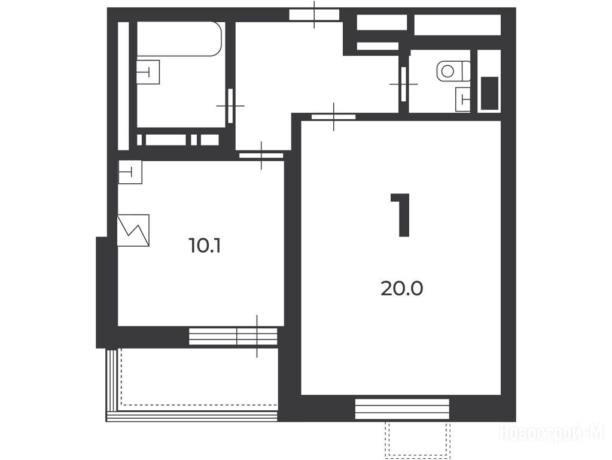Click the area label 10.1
[x=205, y=246]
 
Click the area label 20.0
[x=401, y=289]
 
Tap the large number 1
[x=401, y=215]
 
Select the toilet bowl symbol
[x=453, y=71]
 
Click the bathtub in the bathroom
[x=179, y=39]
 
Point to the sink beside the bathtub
[x=148, y=72]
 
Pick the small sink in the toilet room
[x=463, y=99]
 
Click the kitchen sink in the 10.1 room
[x=130, y=172]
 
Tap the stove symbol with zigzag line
[x=133, y=230]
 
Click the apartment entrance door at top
[x=314, y=15]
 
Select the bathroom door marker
[x=230, y=106]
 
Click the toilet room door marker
[x=404, y=84]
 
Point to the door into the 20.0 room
[x=334, y=116]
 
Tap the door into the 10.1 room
[x=261, y=156]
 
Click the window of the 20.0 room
[x=402, y=409]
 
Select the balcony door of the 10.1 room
[x=257, y=337]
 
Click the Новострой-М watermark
[x=552, y=433]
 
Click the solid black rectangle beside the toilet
[x=489, y=93]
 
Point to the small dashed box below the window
[x=418, y=440]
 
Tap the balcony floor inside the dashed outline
[x=199, y=377]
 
